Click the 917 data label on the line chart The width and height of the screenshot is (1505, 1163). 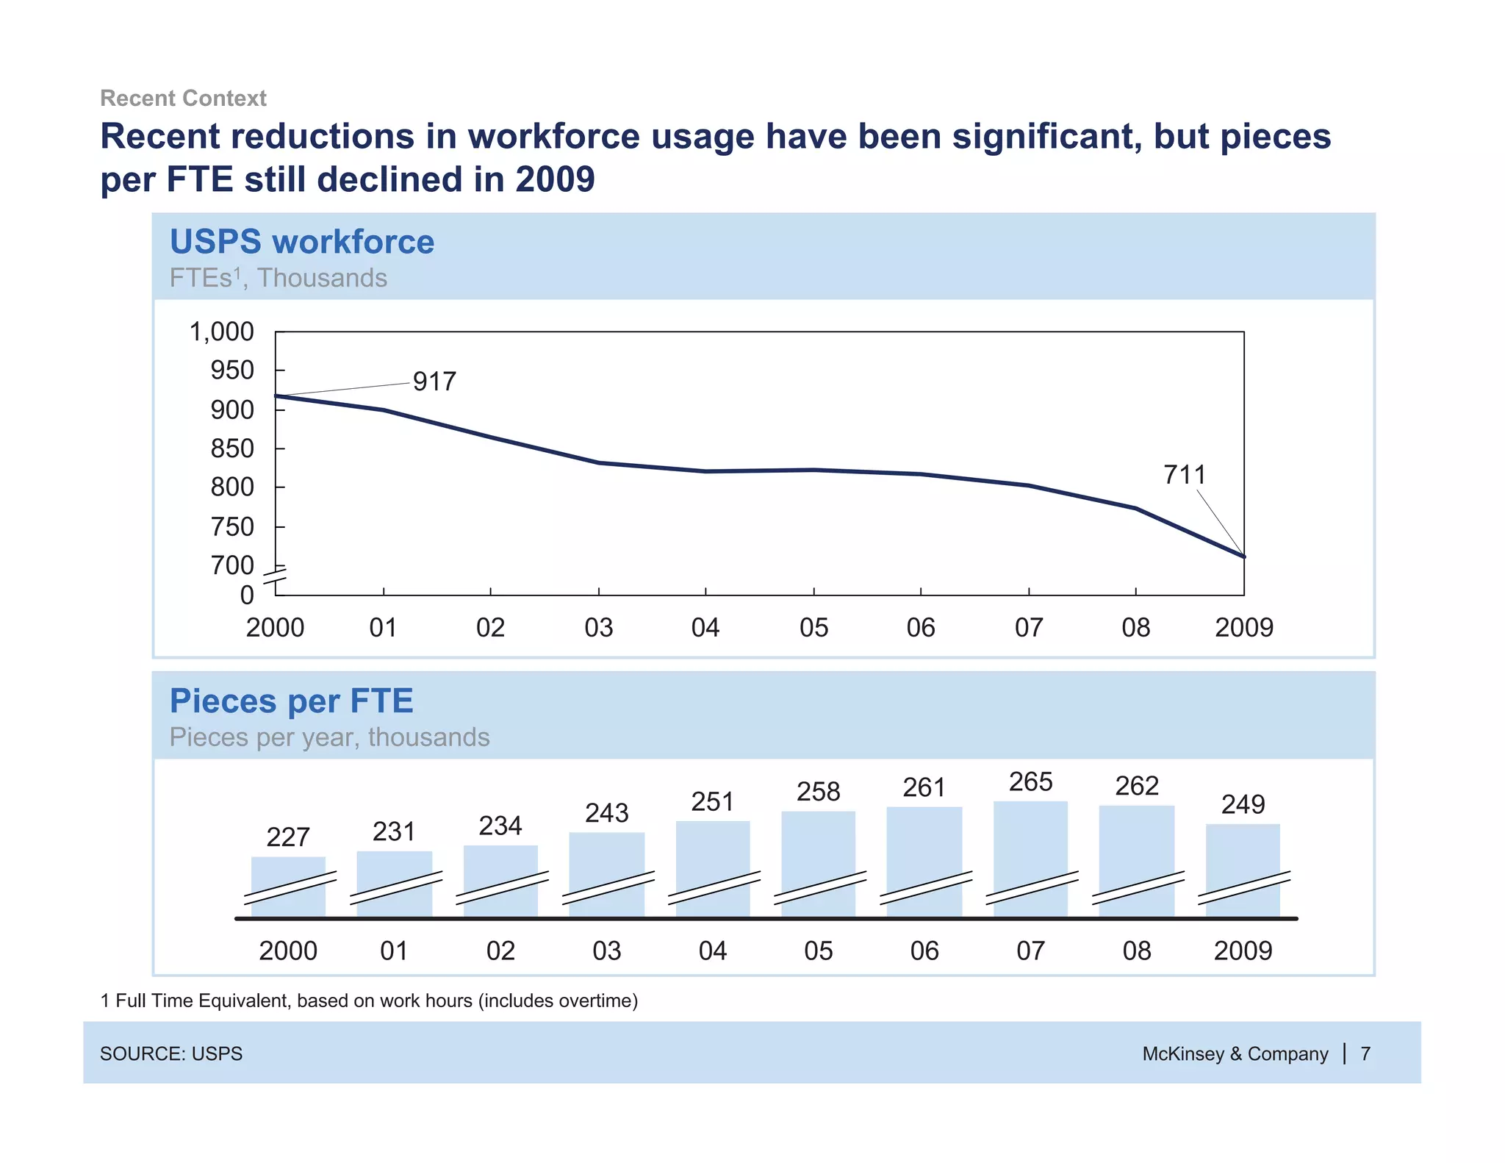(434, 382)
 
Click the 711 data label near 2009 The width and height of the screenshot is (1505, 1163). (1185, 475)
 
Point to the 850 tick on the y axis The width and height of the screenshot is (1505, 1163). (232, 448)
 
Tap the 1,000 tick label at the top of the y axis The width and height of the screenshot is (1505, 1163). (221, 332)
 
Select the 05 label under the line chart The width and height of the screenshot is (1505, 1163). (813, 628)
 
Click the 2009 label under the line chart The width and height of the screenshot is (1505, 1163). (1243, 628)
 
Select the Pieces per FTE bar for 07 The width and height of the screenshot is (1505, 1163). (1030, 856)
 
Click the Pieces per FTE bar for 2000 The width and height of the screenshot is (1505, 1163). (288, 886)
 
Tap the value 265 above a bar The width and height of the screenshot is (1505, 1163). (1030, 781)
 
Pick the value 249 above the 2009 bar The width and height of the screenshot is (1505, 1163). (1243, 804)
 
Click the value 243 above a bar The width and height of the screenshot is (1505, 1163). (606, 813)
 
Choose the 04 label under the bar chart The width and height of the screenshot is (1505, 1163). (712, 951)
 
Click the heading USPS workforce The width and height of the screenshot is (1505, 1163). (302, 242)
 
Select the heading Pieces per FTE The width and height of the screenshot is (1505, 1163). (291, 701)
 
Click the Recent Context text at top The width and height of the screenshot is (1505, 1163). (183, 98)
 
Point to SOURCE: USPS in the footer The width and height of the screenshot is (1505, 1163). (171, 1053)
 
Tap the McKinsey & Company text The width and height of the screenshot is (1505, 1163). (1235, 1053)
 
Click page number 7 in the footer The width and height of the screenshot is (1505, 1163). (1365, 1053)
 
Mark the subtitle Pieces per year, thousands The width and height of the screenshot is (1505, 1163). (329, 737)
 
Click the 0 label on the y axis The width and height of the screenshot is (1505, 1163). (247, 595)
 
